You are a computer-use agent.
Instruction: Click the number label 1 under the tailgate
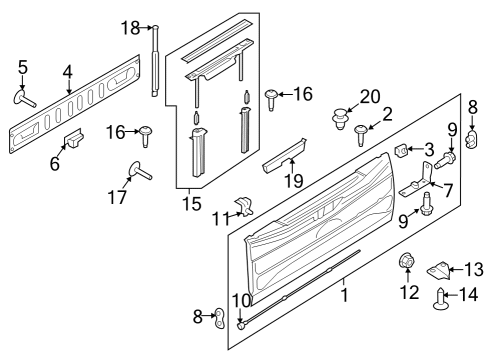pyautogui.click(x=345, y=297)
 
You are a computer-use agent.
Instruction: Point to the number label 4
pyautogui.click(x=67, y=71)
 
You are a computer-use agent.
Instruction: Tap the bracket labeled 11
pyautogui.click(x=245, y=207)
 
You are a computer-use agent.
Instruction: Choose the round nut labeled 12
pyautogui.click(x=407, y=263)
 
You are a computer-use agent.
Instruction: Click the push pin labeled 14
pyautogui.click(x=441, y=301)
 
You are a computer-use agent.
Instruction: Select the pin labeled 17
pyautogui.click(x=135, y=171)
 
